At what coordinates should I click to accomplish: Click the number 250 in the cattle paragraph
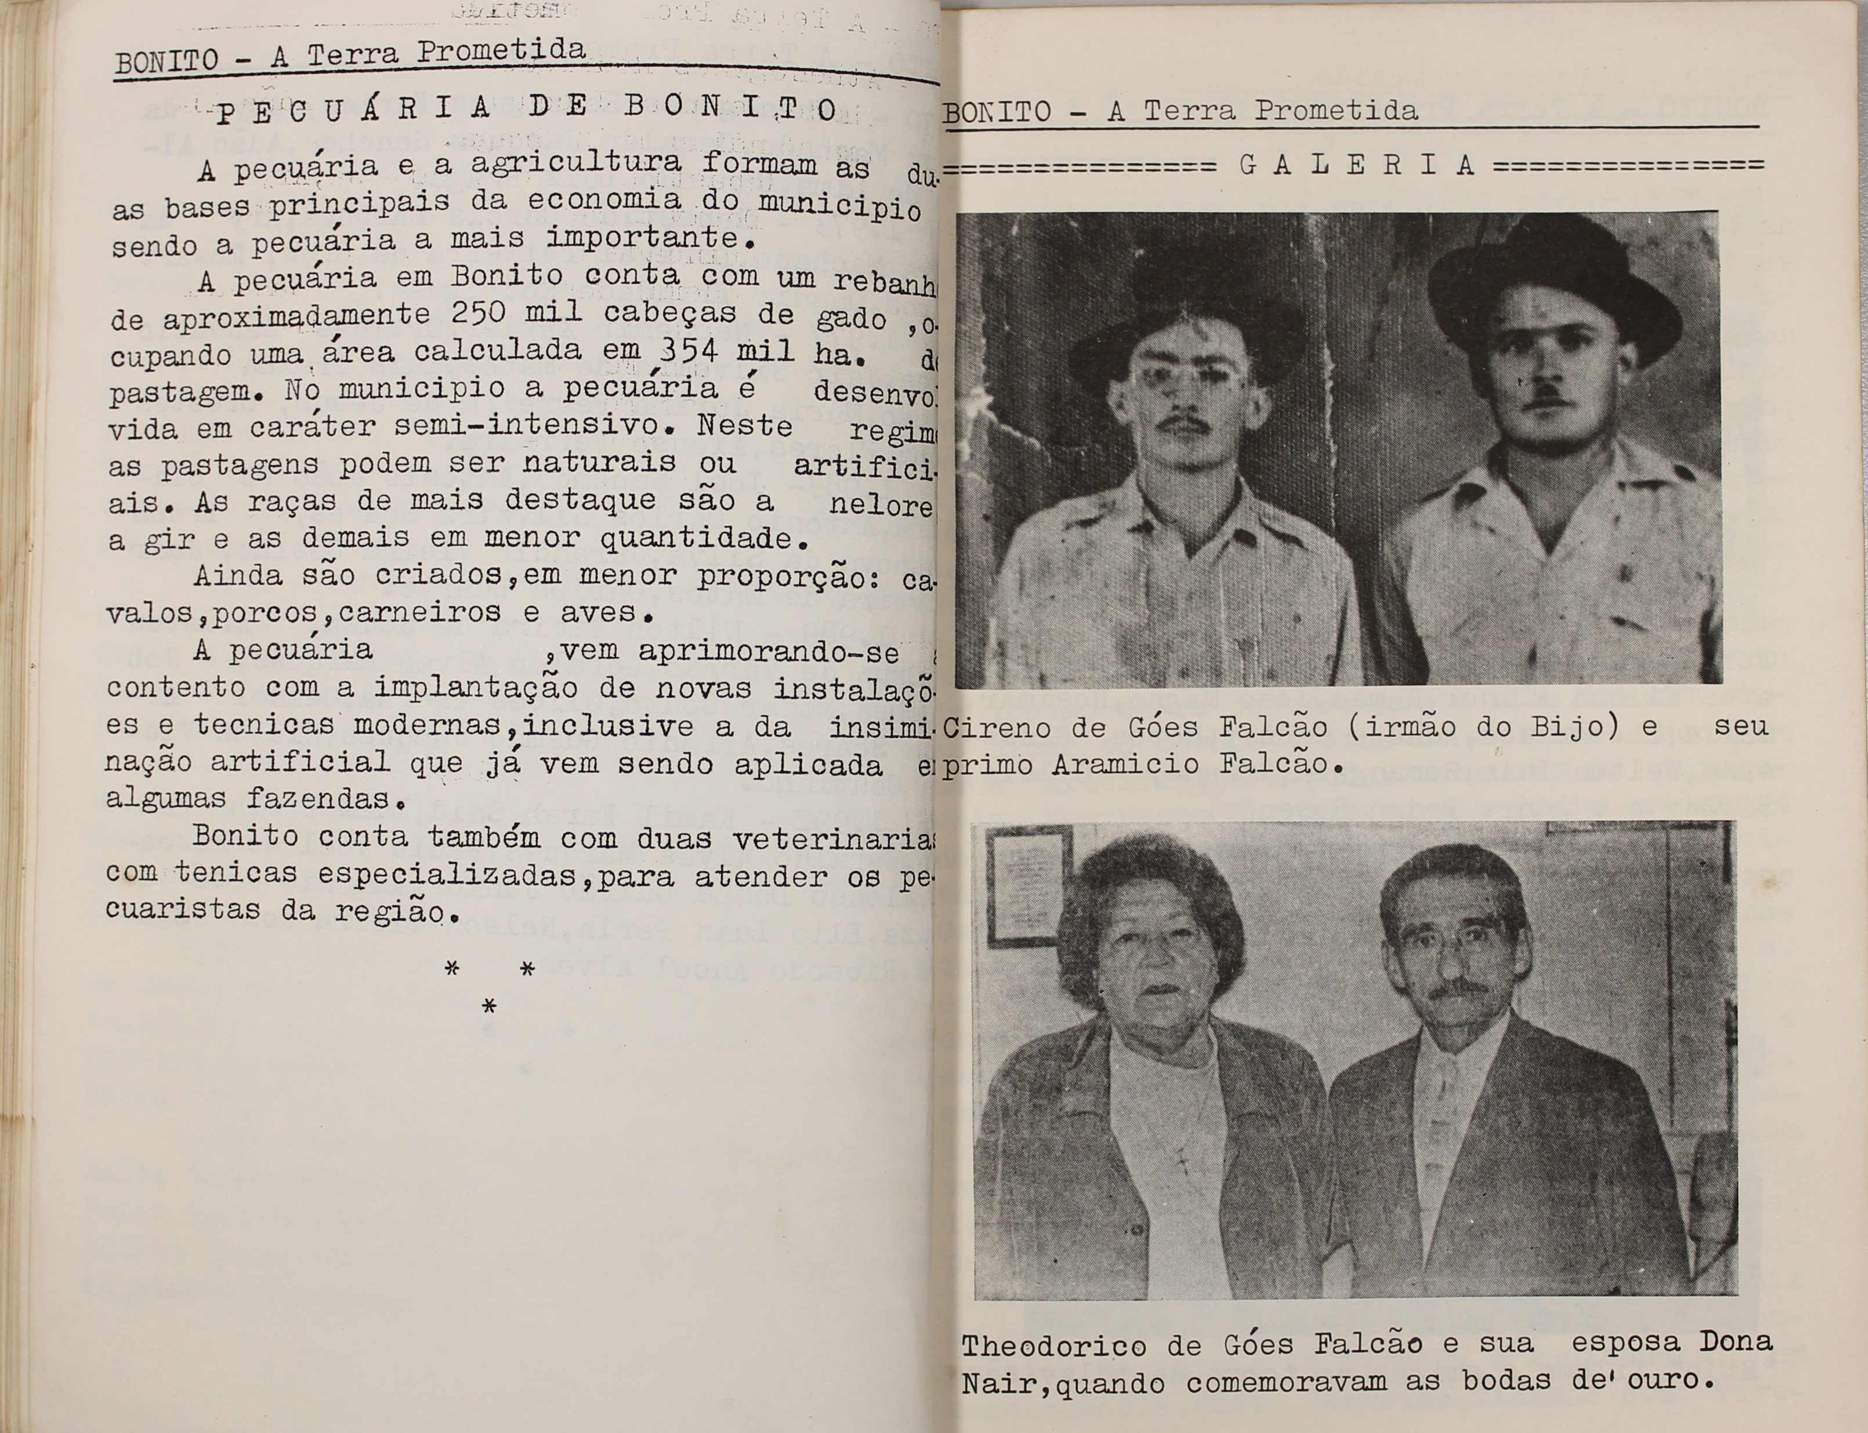[x=479, y=314]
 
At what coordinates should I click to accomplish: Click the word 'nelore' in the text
[x=881, y=505]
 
